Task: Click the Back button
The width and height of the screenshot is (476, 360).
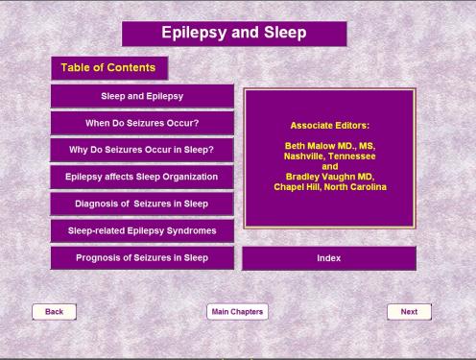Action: (x=54, y=312)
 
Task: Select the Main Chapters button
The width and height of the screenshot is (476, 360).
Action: (x=237, y=312)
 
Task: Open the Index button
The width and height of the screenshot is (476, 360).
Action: (x=329, y=258)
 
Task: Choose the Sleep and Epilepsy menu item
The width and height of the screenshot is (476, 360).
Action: (x=142, y=96)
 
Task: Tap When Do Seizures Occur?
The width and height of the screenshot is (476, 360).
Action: (x=142, y=123)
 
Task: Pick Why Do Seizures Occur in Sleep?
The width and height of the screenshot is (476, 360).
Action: (x=142, y=150)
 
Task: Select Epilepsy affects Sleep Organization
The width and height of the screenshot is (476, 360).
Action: (x=142, y=177)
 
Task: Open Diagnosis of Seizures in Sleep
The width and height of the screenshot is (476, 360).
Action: (x=142, y=204)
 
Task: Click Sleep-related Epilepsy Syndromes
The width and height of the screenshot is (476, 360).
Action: (x=142, y=230)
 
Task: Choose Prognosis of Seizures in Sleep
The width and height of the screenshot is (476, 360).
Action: (x=142, y=258)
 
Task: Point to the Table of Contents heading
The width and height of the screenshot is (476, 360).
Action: (x=109, y=68)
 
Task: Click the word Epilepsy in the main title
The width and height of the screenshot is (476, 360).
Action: (x=194, y=33)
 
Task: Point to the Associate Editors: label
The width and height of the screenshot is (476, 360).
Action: (x=330, y=126)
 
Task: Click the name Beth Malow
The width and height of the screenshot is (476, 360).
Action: (x=310, y=146)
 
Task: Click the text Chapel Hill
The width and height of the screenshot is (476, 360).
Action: (x=297, y=187)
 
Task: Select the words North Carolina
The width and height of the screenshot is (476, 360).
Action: (x=355, y=187)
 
